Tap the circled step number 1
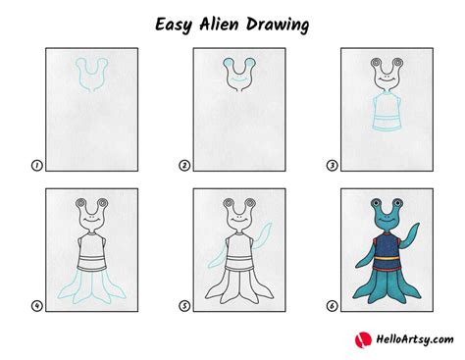[x=36, y=167]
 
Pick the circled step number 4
[x=36, y=306]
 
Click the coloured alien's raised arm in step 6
[x=411, y=236]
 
